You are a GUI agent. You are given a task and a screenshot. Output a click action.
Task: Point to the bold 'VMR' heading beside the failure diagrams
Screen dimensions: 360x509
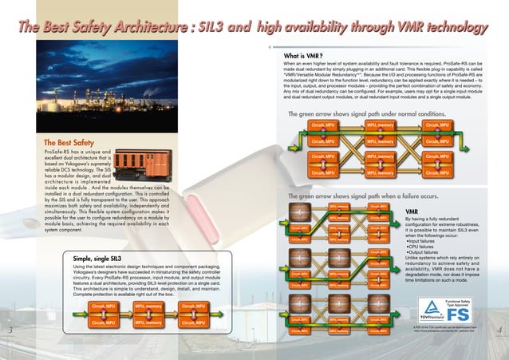(412, 212)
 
